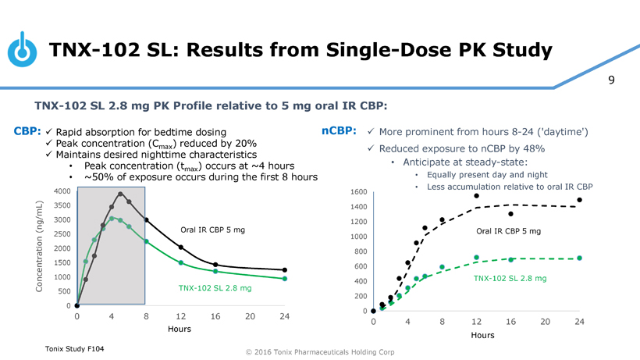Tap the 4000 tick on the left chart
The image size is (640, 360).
click(62, 191)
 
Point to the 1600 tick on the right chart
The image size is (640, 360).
click(359, 192)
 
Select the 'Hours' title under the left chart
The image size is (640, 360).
click(180, 329)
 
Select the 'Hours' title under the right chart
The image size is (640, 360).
click(482, 335)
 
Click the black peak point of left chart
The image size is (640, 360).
click(120, 194)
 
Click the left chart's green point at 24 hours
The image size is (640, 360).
click(285, 279)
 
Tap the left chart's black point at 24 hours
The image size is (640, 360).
click(285, 270)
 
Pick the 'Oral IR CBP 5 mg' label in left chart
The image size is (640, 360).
click(212, 230)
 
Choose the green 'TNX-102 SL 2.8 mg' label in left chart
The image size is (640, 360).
click(215, 288)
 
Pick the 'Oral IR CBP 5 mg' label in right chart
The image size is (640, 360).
click(508, 231)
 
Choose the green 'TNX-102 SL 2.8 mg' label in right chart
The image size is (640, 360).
click(510, 278)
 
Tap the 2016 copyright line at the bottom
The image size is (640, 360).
click(319, 352)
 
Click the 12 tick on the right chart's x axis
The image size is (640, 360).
click(476, 322)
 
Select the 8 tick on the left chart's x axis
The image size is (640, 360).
click(147, 316)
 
